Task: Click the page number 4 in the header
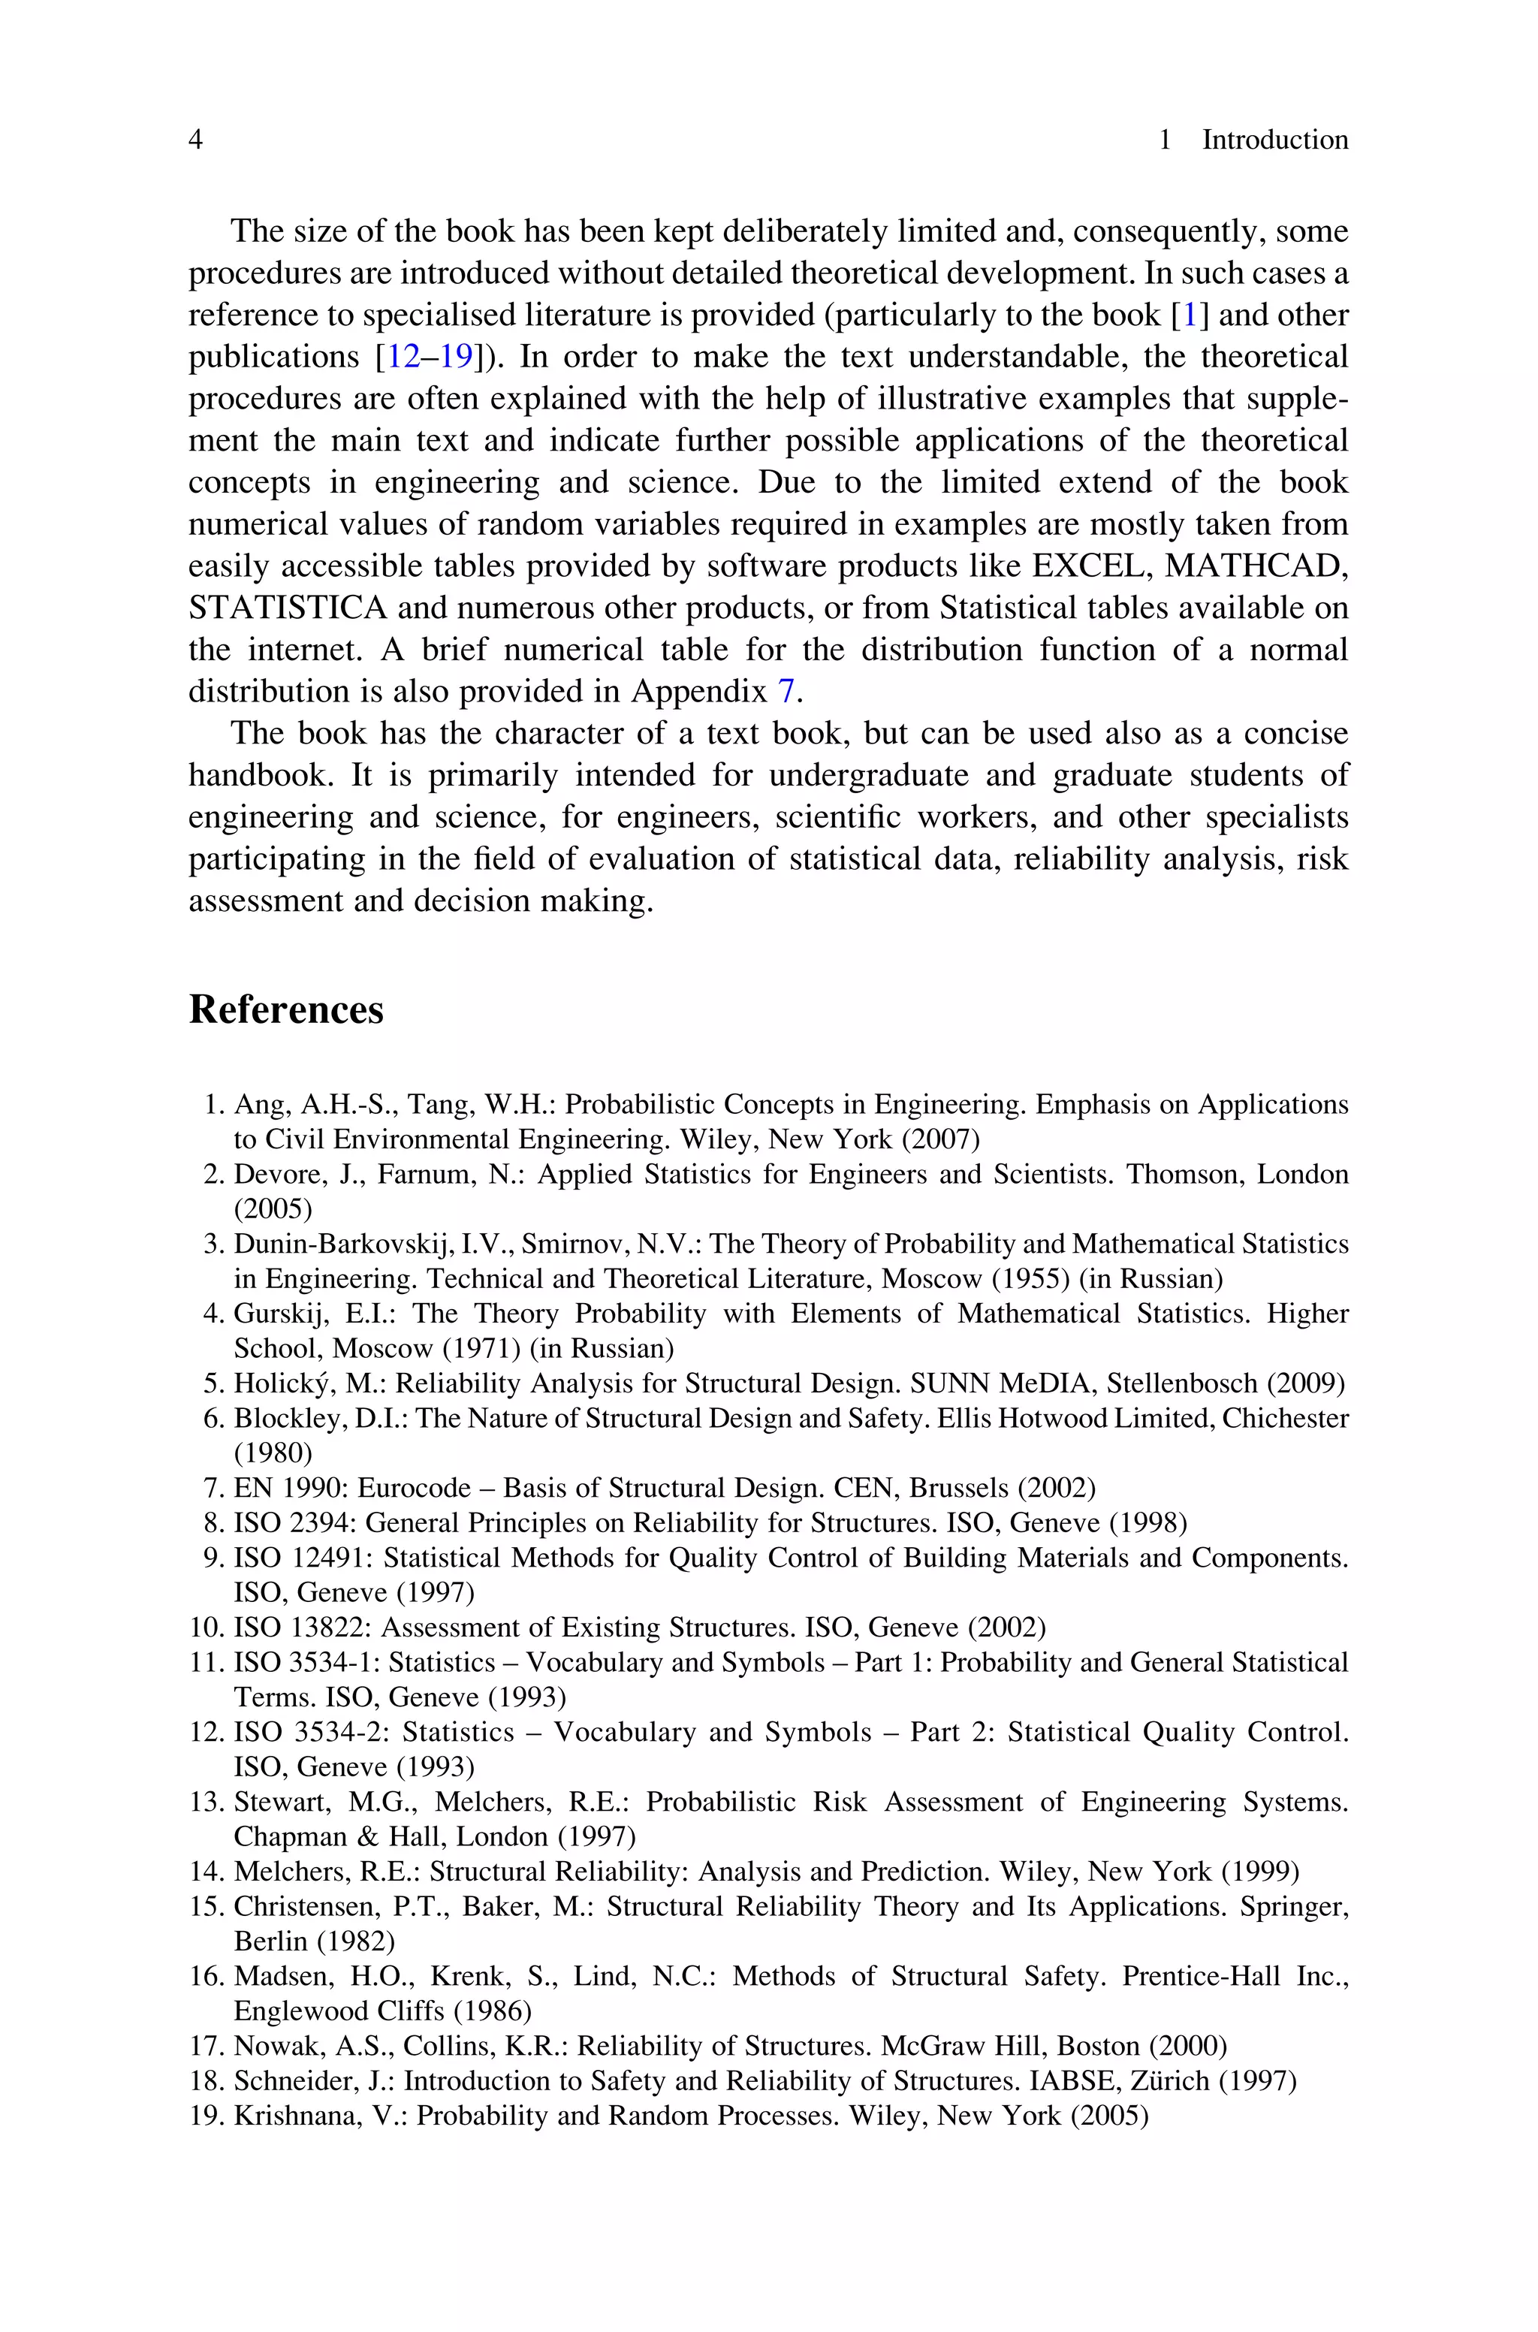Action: coord(195,140)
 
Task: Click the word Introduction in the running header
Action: coord(1274,140)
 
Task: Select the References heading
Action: coord(285,1009)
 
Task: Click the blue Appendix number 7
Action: coord(785,692)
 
